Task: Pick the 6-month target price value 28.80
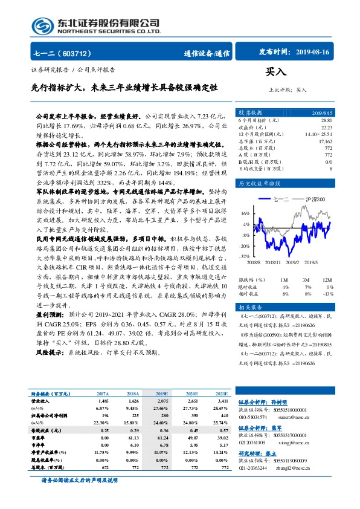(x=326, y=121)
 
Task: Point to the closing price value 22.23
(x=326, y=128)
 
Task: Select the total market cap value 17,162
(x=325, y=141)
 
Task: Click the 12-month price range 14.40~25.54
(x=319, y=134)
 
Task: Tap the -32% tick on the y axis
(x=243, y=256)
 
